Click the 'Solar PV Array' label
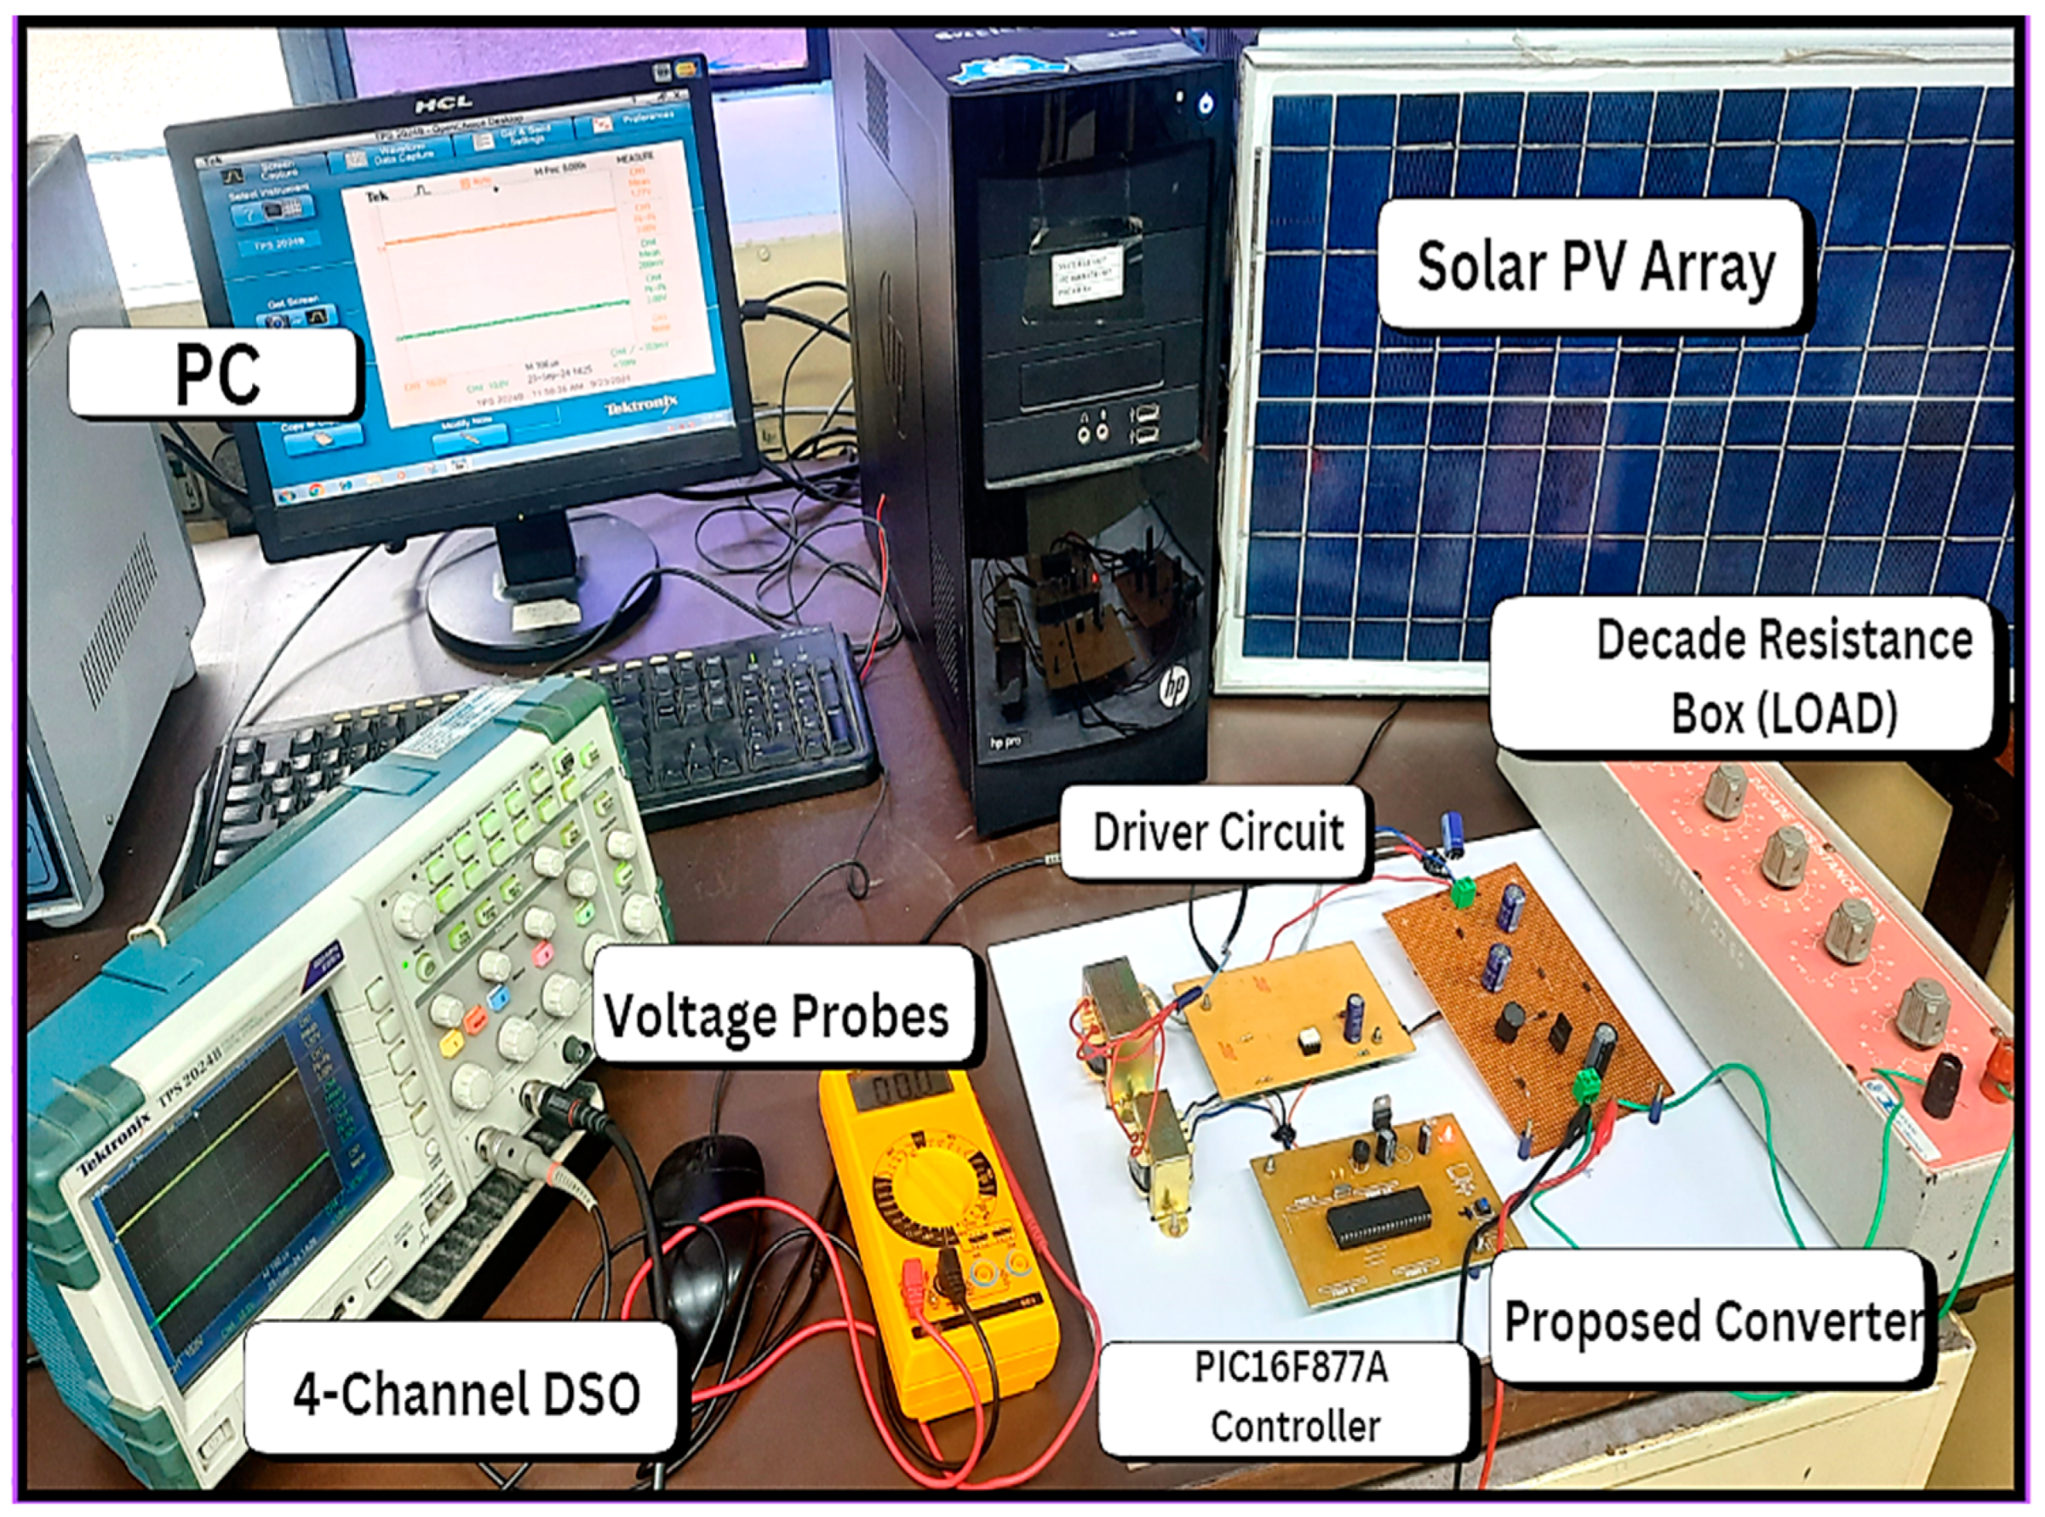(x=1595, y=267)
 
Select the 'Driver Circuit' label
(x=1217, y=833)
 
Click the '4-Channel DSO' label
(x=466, y=1392)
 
